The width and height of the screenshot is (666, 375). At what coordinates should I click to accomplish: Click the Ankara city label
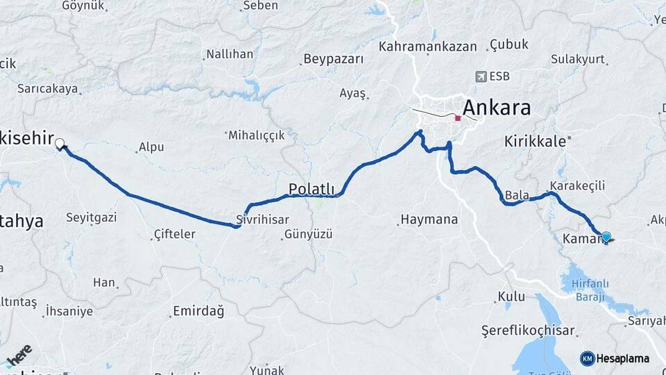pyautogui.click(x=496, y=108)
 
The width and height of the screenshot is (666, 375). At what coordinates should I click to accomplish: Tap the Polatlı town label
pyautogui.click(x=311, y=189)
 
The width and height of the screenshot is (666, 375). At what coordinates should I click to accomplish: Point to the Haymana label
pyautogui.click(x=430, y=219)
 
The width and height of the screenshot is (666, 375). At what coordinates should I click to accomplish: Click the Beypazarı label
pyautogui.click(x=333, y=59)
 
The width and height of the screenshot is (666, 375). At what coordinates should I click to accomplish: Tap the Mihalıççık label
pyautogui.click(x=256, y=135)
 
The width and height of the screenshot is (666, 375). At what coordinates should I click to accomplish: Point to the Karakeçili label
pyautogui.click(x=577, y=185)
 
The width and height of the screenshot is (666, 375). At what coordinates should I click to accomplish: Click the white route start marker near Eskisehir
pyautogui.click(x=60, y=144)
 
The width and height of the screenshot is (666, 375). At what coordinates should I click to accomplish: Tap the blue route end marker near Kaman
pyautogui.click(x=606, y=237)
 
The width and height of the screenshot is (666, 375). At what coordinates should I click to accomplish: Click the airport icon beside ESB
pyautogui.click(x=481, y=76)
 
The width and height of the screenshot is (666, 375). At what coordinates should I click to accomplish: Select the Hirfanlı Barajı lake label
pyautogui.click(x=584, y=290)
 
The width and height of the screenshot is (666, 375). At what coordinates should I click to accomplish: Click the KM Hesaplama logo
pyautogui.click(x=614, y=358)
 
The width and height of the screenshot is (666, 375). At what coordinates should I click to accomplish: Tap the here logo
pyautogui.click(x=19, y=355)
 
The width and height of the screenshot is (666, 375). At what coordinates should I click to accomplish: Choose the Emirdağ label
pyautogui.click(x=198, y=310)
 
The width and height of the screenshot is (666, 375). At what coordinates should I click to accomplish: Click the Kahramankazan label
pyautogui.click(x=428, y=47)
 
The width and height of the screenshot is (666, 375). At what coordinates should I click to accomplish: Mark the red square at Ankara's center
pyautogui.click(x=458, y=118)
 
